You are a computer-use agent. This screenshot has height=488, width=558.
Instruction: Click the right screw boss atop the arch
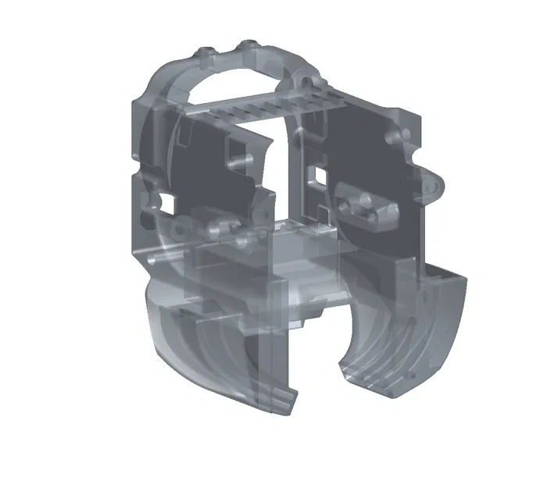(249, 45)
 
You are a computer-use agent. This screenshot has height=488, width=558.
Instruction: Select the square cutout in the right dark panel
(317, 173)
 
